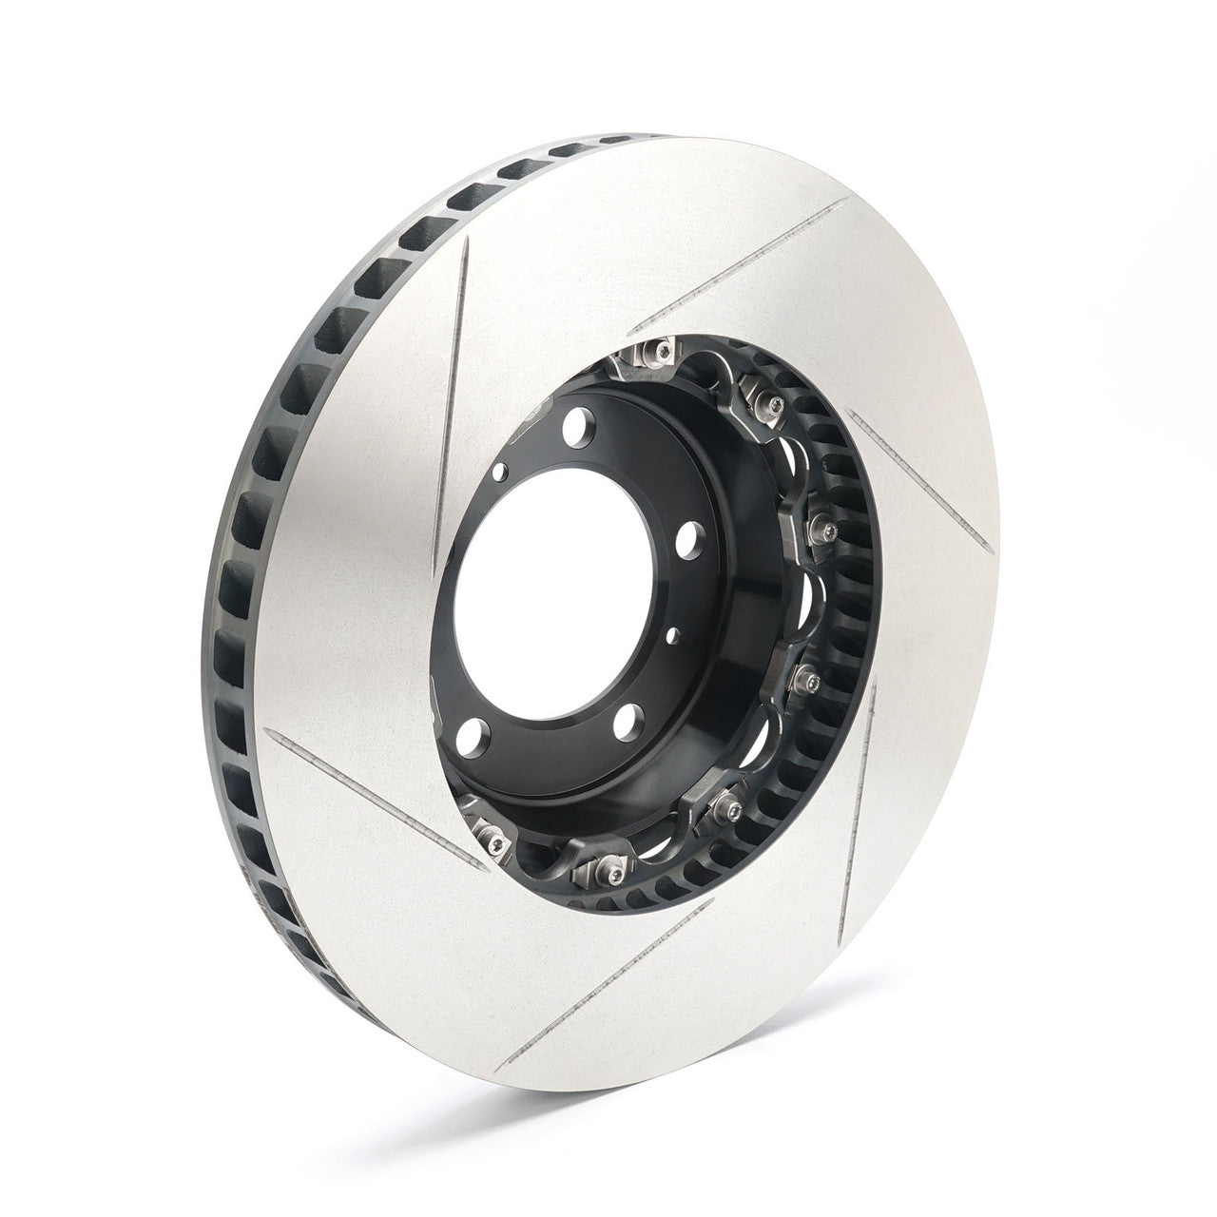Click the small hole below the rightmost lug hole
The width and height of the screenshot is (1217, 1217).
point(674,632)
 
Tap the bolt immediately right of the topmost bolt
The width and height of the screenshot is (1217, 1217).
point(765,400)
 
